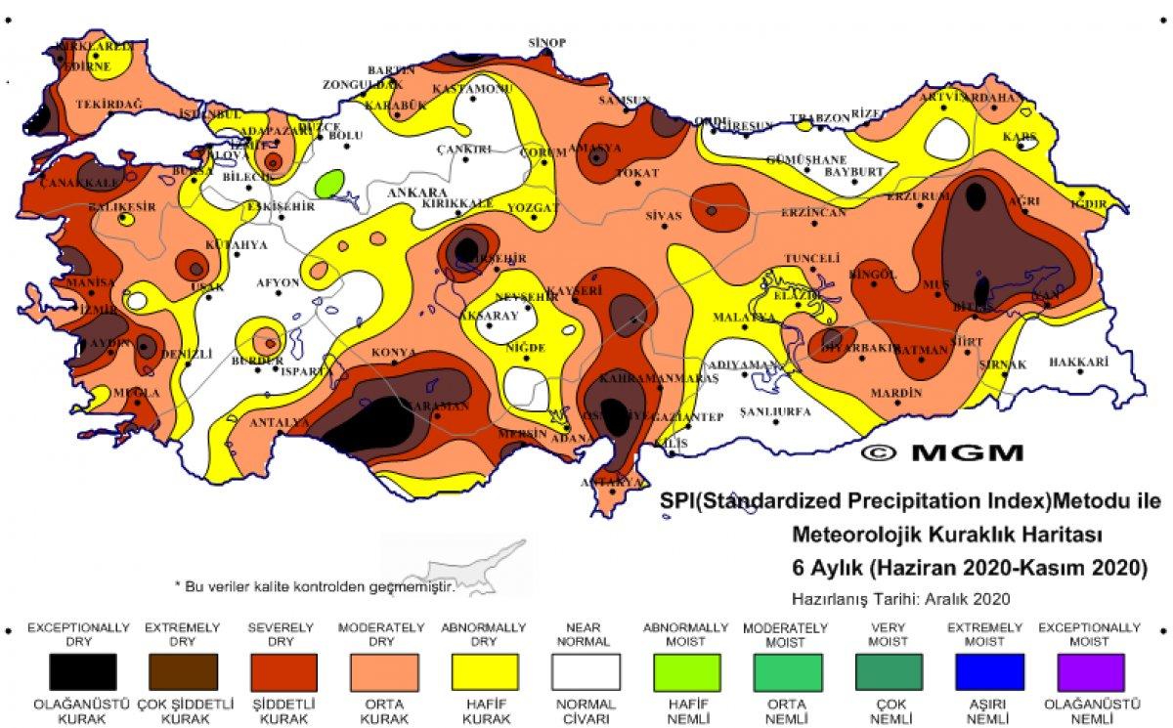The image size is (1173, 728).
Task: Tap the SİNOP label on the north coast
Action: [x=547, y=43]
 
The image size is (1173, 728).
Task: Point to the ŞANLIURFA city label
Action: [x=776, y=412]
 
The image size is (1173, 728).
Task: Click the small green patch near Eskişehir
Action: [x=330, y=182]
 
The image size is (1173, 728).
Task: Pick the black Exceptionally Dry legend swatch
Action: [x=83, y=672]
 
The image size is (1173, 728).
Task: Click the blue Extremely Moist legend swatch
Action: [x=988, y=672]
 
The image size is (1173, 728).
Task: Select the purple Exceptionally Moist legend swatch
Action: [x=1089, y=672]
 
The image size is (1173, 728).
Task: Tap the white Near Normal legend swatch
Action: [x=586, y=672]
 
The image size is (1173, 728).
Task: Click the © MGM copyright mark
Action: [x=943, y=452]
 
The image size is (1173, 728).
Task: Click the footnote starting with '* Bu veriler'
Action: [x=315, y=586]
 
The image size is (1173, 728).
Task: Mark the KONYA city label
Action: [x=393, y=352]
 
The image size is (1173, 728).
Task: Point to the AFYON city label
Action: [x=277, y=282]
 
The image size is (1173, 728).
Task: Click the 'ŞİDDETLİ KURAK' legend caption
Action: [x=282, y=709]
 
